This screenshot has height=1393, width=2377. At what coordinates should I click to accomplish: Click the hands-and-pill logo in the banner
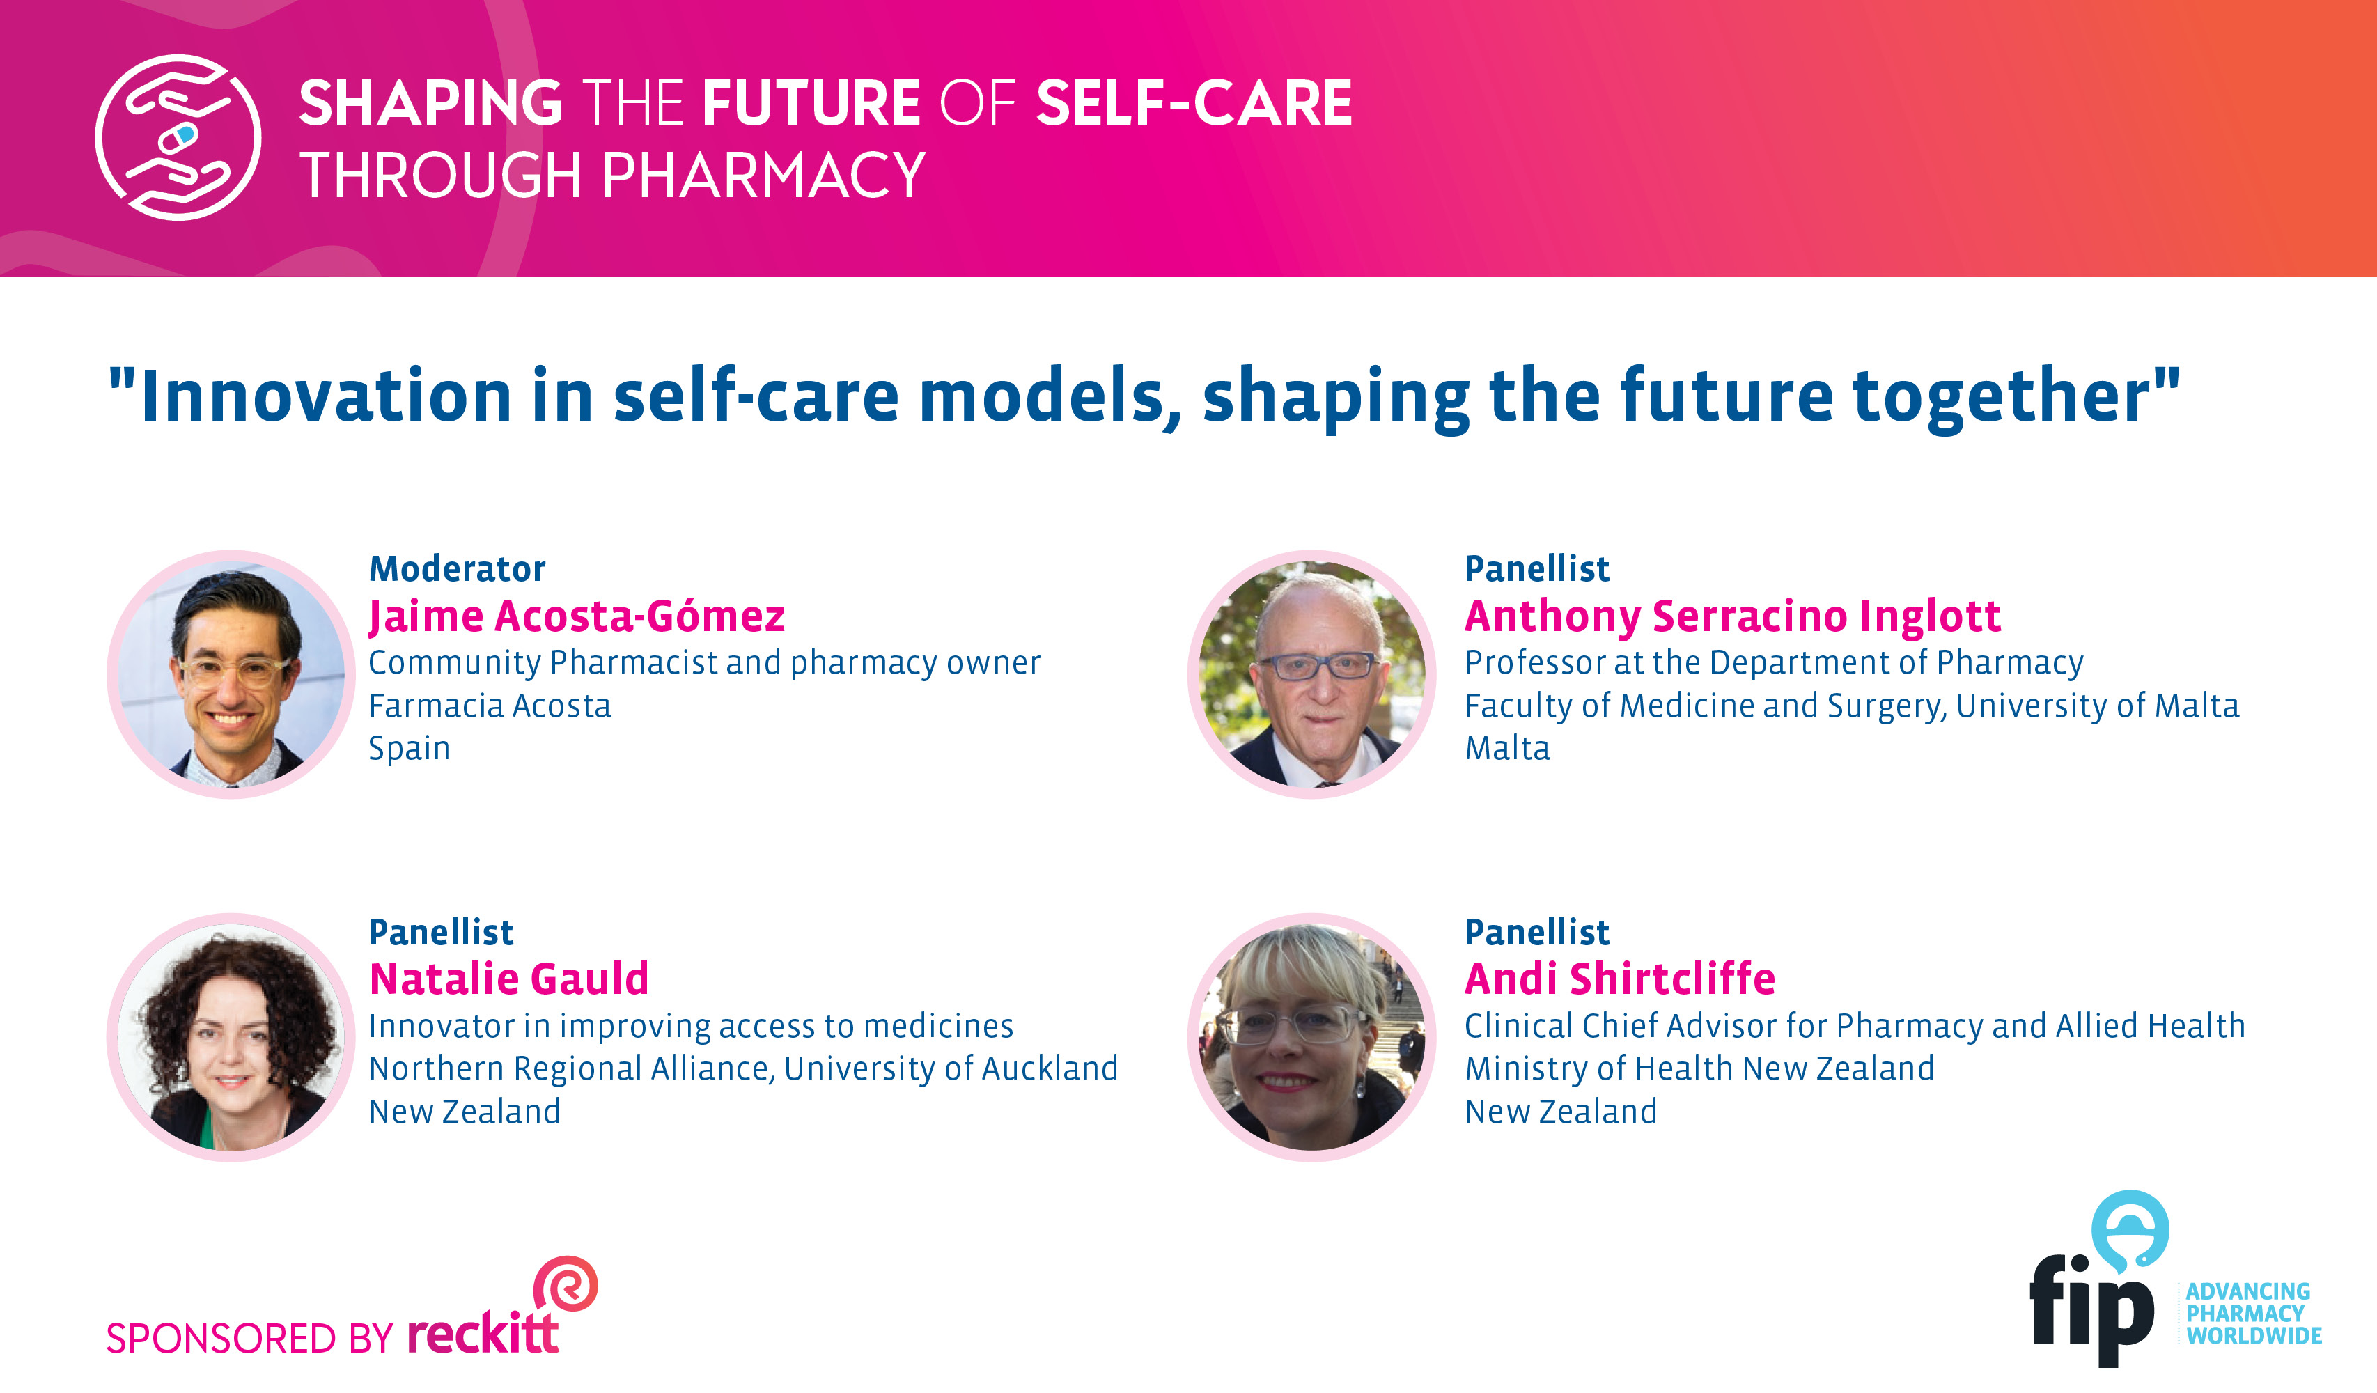point(178,138)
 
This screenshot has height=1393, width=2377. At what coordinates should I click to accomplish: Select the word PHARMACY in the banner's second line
point(764,176)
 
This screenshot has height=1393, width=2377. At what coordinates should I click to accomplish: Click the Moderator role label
point(458,569)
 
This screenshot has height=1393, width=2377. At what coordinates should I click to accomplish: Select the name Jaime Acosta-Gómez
point(577,617)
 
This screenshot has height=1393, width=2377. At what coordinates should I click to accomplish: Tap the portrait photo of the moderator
point(232,674)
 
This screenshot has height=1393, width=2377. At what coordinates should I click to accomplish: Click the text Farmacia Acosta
point(490,706)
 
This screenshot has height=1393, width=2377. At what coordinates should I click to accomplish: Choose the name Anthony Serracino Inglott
point(1733,617)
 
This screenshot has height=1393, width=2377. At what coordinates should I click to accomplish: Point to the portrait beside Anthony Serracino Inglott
point(1312,674)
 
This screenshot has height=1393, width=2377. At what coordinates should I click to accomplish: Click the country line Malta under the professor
point(1507,749)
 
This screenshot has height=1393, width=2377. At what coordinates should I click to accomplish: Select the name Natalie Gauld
point(509,979)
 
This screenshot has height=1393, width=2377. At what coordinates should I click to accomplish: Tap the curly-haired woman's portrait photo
point(232,1038)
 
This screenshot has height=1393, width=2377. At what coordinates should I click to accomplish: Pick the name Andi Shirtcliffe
point(1619,979)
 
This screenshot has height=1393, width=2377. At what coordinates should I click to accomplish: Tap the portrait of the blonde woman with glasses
point(1312,1038)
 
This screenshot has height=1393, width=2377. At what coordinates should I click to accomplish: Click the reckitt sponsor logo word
point(483,1332)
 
